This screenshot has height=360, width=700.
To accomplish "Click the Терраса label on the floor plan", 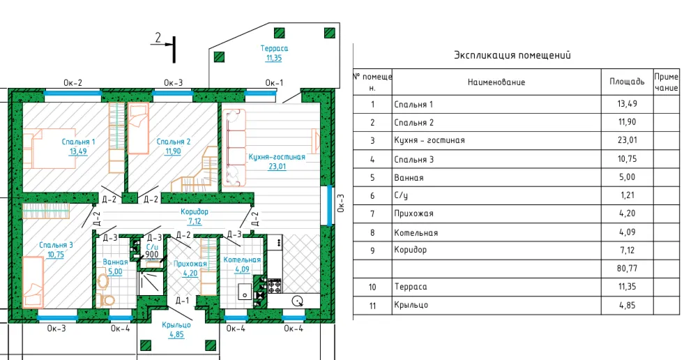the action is point(274,48).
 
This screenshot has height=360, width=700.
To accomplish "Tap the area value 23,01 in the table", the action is point(627,140).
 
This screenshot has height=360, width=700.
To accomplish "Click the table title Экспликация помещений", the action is point(512,55).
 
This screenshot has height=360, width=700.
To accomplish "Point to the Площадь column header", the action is point(627,82).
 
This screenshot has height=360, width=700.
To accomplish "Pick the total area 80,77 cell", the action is point(627,269).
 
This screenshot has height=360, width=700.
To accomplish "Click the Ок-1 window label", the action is point(274,82).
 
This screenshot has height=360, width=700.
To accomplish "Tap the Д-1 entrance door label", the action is point(182,300).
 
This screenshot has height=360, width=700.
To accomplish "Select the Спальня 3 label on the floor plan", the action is point(56,245).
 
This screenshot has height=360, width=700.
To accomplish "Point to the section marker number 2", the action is point(158,37).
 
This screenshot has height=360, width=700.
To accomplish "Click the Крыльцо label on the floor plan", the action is point(177,324).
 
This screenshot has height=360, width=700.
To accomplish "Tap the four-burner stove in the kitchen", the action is point(274,286).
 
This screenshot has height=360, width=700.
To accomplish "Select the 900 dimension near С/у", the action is point(152,255).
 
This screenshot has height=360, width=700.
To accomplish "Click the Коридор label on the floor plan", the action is point(195,211).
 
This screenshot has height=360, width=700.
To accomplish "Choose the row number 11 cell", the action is point(372,306).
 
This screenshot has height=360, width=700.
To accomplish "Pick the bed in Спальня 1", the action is point(49,149).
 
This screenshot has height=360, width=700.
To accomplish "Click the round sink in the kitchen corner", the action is point(297,302).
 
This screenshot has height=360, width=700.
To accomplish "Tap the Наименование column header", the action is point(496,82).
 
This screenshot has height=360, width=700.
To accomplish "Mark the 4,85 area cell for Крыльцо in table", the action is point(627,306).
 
